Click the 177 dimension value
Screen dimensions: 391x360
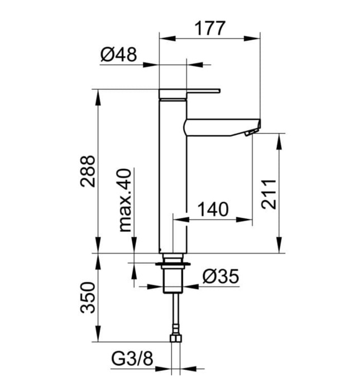pos(209,27)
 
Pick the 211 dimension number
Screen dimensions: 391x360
pos(269,193)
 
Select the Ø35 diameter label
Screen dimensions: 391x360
pos(220,276)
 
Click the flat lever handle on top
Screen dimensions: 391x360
pos(190,91)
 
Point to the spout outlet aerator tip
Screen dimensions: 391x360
pos(252,132)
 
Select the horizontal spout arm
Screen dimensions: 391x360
pos(220,127)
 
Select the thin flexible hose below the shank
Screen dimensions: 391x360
pos(175,313)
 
